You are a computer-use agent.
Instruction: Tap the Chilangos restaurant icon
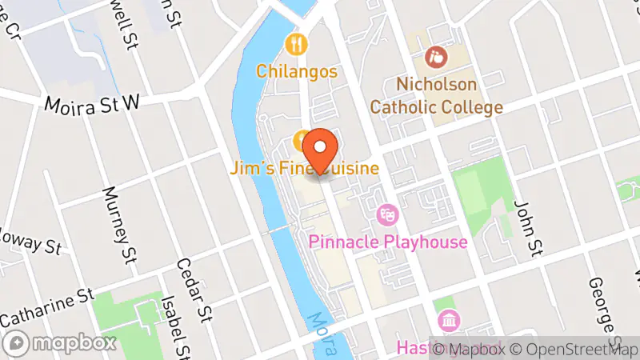(297, 43)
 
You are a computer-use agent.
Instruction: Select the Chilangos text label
(297, 71)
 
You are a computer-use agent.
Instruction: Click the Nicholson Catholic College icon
(436, 57)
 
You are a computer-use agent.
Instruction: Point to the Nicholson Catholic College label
(436, 95)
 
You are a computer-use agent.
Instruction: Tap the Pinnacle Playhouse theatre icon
(387, 214)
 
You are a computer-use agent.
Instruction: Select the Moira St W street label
(92, 104)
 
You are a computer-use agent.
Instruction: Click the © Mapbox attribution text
(474, 349)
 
